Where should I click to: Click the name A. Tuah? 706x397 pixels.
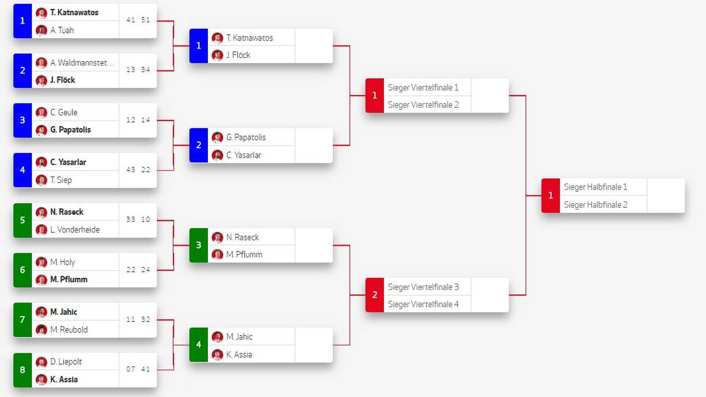tap(62, 30)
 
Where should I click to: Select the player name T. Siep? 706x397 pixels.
tap(61, 180)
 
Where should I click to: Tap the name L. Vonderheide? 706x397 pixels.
tap(75, 230)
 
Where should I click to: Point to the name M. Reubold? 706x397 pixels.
tap(69, 330)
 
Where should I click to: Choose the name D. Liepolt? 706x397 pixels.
tap(66, 361)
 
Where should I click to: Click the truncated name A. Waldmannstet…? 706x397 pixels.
tap(83, 62)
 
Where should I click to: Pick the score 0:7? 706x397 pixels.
tap(130, 369)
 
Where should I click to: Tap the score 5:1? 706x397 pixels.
tap(146, 20)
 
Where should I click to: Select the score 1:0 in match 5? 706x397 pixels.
tap(146, 220)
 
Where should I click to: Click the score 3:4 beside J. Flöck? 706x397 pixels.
tap(146, 70)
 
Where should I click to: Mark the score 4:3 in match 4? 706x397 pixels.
tap(130, 170)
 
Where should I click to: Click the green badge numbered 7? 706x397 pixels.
tap(22, 320)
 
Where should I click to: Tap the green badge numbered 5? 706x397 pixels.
tap(22, 220)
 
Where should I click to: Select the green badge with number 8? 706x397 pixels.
tap(22, 370)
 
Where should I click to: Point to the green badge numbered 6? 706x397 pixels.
tap(22, 270)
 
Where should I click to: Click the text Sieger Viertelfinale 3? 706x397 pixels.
tap(423, 287)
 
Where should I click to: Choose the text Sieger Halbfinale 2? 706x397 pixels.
tap(595, 205)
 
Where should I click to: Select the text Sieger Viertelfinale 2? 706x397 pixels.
tap(423, 104)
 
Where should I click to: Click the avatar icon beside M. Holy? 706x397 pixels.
tap(42, 262)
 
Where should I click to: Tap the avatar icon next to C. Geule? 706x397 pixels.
tap(42, 113)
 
